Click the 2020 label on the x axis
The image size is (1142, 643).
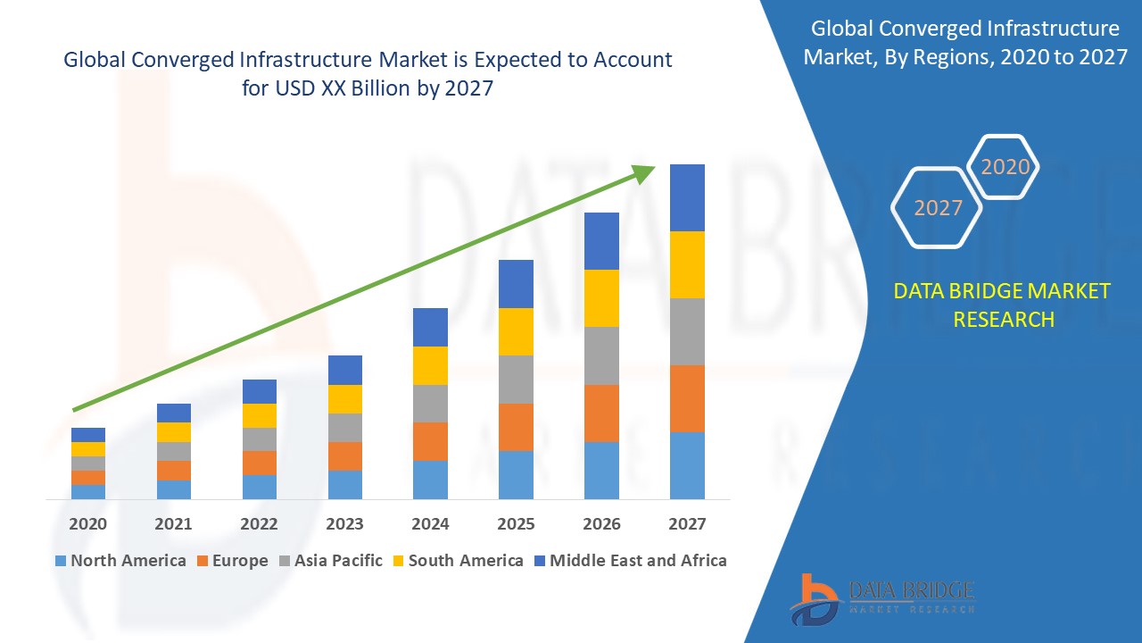point(87,524)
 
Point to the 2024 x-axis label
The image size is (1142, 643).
point(430,524)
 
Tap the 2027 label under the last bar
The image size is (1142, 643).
point(687,524)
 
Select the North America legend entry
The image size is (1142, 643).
point(120,561)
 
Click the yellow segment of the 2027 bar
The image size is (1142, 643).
point(687,264)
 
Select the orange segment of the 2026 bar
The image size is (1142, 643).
point(601,413)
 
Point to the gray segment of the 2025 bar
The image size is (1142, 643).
point(516,380)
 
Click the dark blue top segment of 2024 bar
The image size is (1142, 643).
point(430,327)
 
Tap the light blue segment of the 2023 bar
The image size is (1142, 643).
point(344,484)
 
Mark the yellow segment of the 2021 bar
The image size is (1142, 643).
point(173,432)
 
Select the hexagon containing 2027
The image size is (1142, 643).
point(937,208)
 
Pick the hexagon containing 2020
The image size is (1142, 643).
point(1004,167)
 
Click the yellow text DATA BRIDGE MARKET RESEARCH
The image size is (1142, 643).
point(1003,305)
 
